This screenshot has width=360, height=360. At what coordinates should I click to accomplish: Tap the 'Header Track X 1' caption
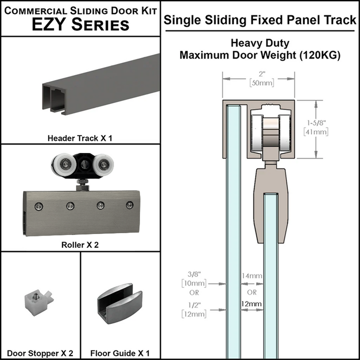[80, 137]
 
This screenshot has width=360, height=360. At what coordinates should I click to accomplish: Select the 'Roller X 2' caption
[80, 245]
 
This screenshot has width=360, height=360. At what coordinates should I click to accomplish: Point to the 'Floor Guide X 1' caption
[120, 353]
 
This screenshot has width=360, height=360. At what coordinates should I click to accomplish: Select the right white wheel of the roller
[104, 164]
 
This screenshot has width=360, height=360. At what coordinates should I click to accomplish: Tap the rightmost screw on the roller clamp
[130, 204]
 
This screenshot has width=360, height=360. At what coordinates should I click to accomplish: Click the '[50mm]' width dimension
[257, 83]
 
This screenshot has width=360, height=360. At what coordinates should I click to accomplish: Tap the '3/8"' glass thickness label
[194, 274]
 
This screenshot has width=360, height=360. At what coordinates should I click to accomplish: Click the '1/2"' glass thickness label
[194, 304]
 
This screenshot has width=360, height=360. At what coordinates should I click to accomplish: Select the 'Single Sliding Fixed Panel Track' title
[260, 20]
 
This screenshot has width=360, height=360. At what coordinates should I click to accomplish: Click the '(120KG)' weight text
[320, 55]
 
